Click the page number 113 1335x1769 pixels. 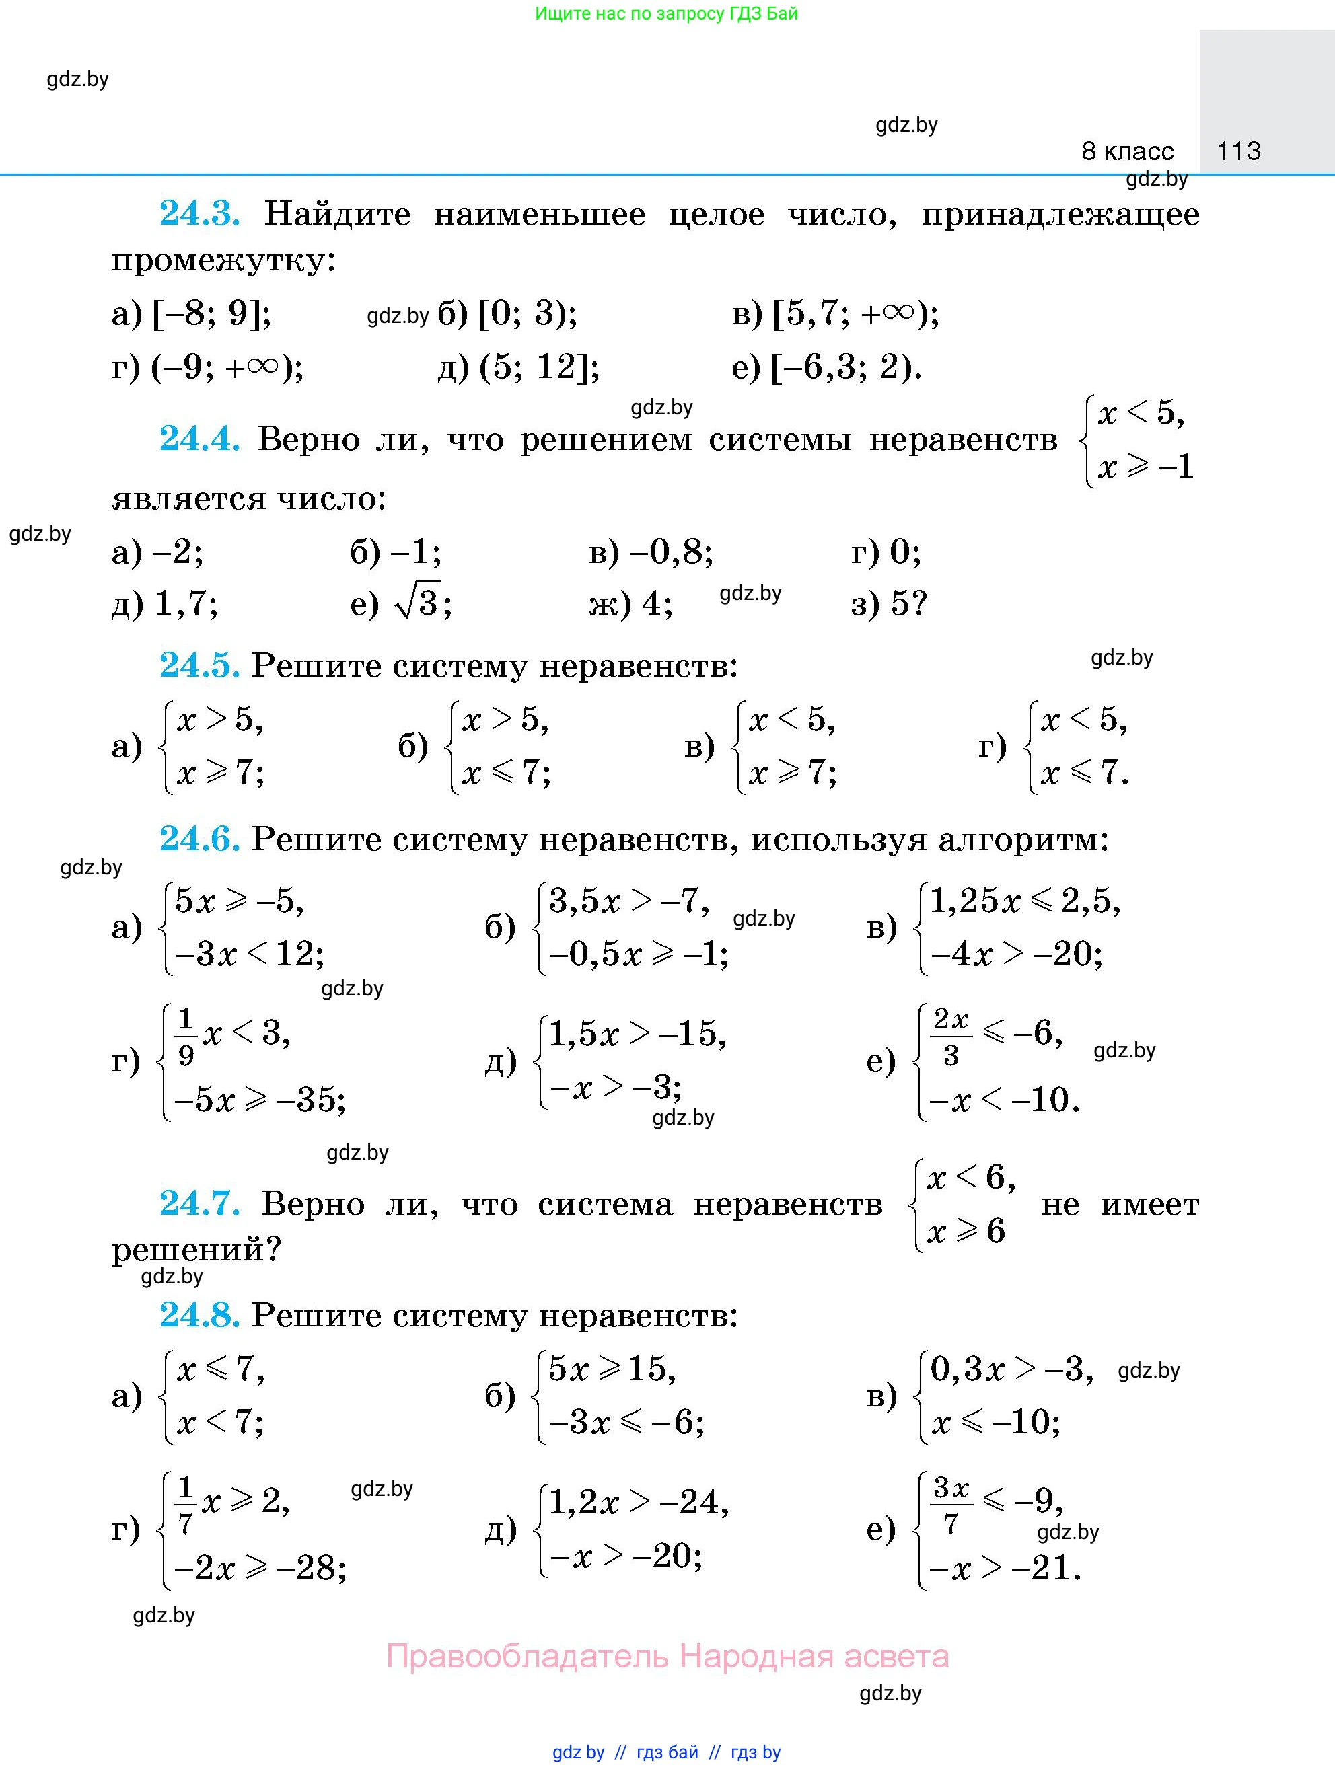point(1238,151)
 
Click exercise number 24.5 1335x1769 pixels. point(199,665)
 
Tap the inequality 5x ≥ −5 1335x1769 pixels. point(239,901)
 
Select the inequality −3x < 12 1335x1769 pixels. point(248,954)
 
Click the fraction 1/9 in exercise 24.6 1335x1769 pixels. point(186,1037)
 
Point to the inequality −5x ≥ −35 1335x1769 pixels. point(259,1101)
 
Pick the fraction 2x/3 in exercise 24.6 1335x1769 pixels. point(950,1037)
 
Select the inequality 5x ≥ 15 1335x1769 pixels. point(612,1370)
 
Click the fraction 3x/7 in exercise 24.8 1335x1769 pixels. point(950,1506)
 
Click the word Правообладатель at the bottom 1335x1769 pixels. point(526,1655)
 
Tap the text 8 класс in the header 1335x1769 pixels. point(1127,151)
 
